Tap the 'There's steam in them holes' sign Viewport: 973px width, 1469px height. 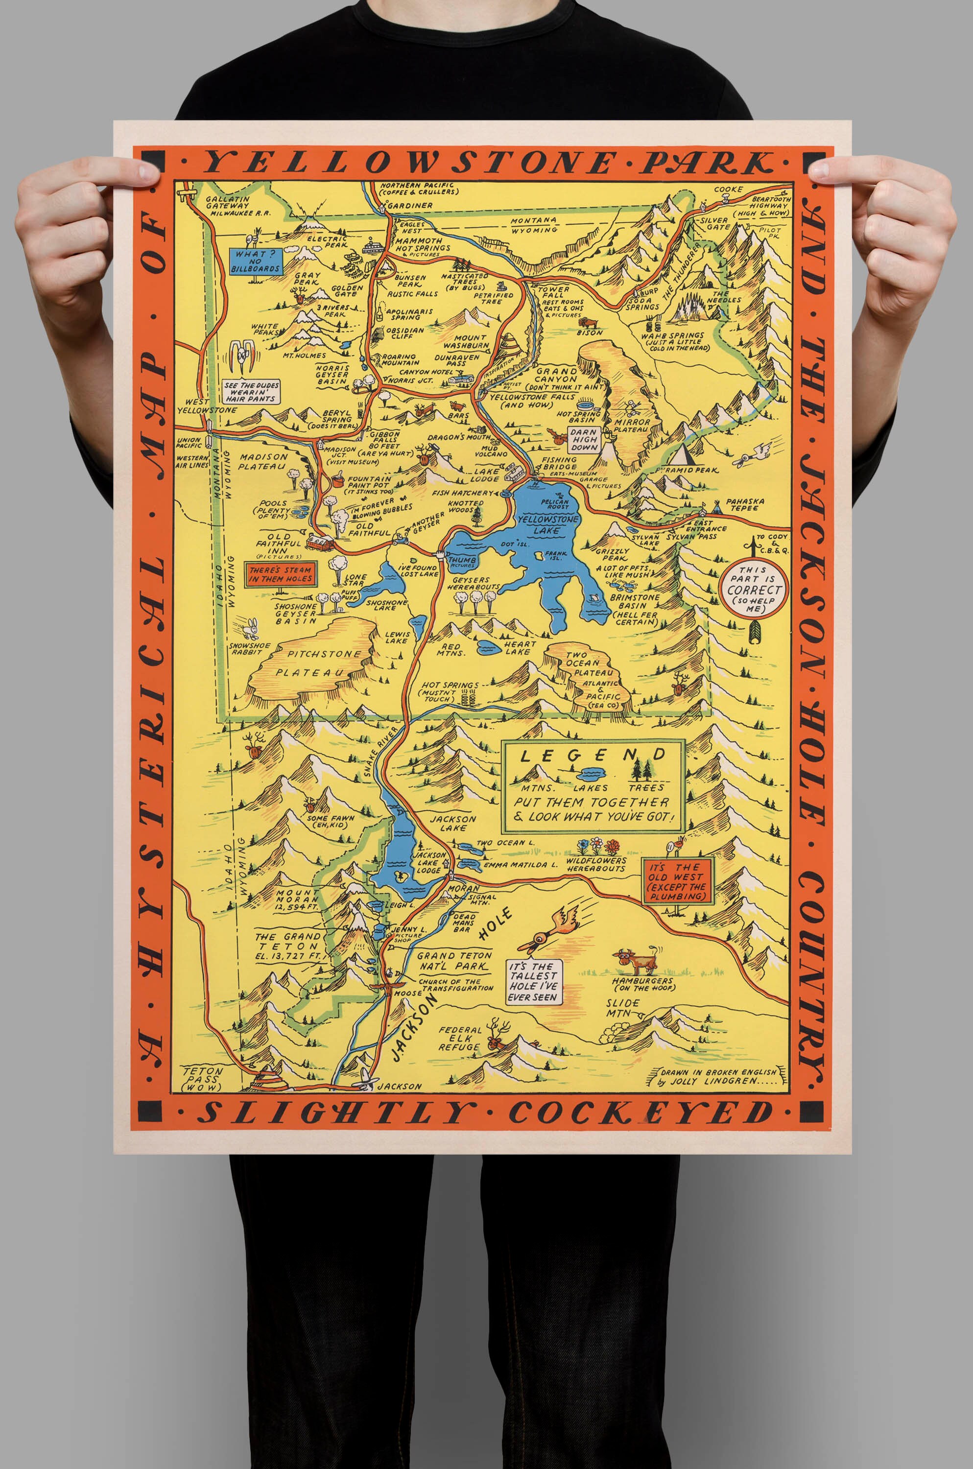(281, 574)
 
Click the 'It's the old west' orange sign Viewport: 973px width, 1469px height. (678, 881)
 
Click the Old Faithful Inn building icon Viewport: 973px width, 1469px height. (320, 544)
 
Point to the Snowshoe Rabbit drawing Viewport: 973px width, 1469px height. (251, 628)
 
